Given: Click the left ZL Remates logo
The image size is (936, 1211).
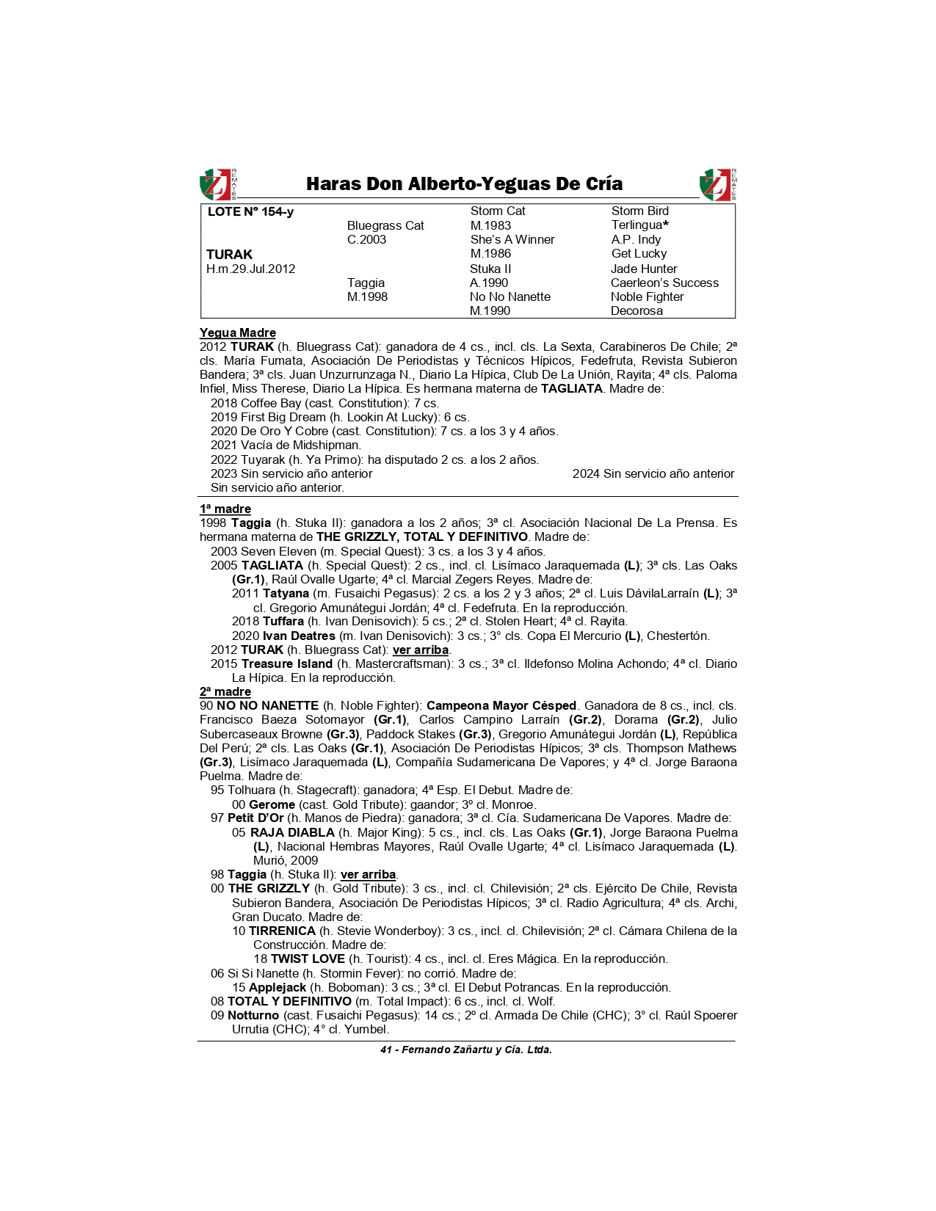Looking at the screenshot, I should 218,184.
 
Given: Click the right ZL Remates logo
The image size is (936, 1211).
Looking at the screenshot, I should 718,184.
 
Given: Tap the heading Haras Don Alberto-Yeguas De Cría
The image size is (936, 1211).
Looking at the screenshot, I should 464,183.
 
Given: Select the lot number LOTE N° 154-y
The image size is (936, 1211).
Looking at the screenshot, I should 250,212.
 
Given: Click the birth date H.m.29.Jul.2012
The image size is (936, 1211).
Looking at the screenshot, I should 250,269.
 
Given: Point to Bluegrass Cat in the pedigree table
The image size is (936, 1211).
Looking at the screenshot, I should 385,226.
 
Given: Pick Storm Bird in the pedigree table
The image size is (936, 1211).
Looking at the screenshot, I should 639,211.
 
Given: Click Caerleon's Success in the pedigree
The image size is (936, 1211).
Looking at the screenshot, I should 664,283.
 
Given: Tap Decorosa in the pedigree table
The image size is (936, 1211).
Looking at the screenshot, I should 636,310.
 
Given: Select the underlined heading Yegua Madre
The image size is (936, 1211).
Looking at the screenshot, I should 238,333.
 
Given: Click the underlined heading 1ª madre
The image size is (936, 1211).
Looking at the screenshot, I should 225,509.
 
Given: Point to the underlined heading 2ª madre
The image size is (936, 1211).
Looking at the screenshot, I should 225,692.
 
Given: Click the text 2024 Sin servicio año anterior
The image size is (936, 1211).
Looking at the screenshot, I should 653,474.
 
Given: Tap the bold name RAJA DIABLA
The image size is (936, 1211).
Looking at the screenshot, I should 292,833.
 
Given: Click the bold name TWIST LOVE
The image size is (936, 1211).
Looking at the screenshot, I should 308,959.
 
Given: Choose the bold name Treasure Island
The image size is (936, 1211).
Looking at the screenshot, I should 287,664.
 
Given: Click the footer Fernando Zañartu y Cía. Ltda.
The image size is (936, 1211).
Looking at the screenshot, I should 476,1050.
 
